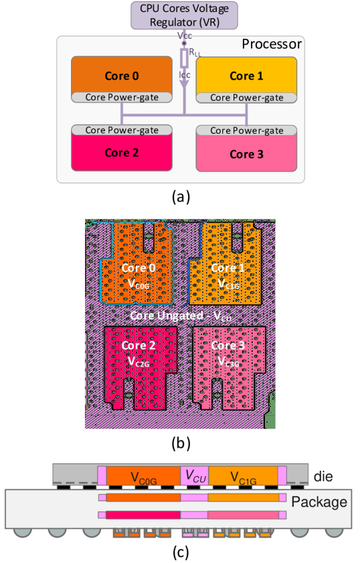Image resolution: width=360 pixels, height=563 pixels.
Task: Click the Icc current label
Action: [185, 75]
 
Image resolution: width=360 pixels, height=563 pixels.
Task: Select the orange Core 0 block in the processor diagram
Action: [122, 75]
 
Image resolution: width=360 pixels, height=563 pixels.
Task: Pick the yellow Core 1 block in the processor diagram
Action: [246, 75]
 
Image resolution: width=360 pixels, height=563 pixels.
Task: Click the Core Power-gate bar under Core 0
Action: [122, 98]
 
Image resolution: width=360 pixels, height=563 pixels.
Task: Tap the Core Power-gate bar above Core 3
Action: [246, 130]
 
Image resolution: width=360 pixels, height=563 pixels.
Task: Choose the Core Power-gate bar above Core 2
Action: [122, 130]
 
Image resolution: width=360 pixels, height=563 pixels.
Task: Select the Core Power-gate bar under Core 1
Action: [246, 98]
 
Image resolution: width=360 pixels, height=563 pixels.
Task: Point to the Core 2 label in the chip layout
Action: [139, 345]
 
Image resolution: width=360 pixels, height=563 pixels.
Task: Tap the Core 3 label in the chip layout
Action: [228, 345]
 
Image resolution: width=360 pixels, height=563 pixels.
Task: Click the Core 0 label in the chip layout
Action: [138, 267]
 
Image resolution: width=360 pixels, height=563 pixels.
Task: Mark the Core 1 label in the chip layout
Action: [228, 267]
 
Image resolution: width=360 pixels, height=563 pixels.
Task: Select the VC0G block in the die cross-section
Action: [143, 476]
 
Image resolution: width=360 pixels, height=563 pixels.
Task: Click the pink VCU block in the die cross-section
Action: [195, 476]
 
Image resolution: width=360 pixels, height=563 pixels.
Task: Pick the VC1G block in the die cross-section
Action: [243, 476]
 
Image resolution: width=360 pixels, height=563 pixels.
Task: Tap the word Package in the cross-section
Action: [320, 502]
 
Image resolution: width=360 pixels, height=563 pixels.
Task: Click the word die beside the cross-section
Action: [323, 477]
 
